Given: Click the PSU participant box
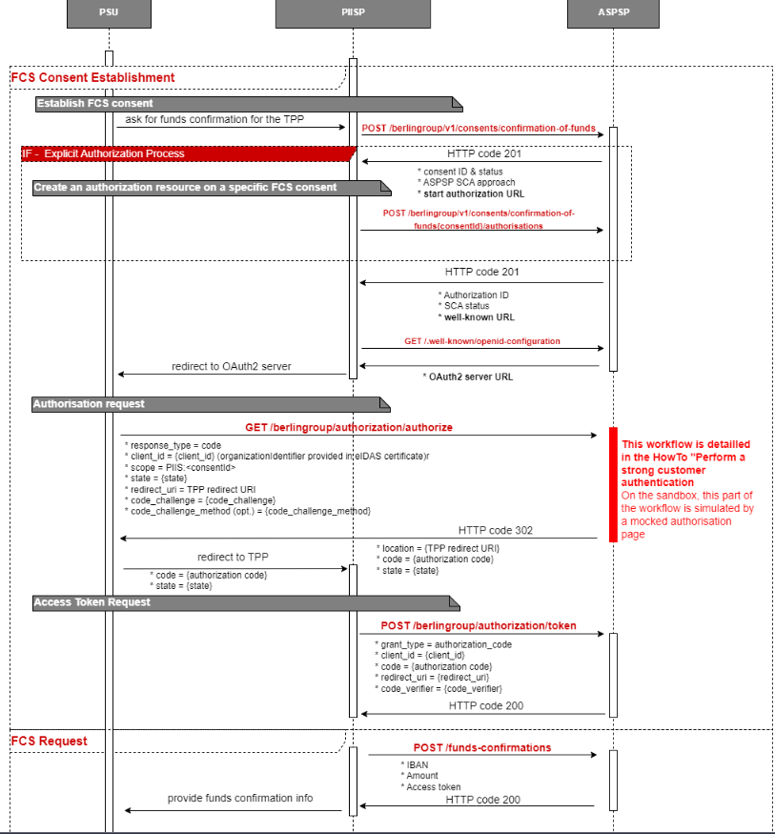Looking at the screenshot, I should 109,14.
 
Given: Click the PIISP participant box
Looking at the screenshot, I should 352,14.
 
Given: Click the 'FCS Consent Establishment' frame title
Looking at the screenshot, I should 93,77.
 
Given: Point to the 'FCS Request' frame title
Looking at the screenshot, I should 50,741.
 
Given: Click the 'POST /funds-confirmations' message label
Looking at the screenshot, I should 481,747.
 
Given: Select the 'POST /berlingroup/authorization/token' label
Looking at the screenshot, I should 479,625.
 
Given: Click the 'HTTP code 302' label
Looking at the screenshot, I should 495,530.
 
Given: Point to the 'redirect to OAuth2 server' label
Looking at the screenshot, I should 232,366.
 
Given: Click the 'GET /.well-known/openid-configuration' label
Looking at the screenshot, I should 481,340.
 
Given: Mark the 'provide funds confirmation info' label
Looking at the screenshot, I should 240,798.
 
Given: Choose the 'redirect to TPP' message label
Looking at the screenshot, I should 233,558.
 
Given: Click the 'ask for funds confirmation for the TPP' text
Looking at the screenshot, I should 214,119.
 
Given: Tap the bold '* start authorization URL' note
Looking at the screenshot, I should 471,193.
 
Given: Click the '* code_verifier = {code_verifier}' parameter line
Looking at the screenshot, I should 439,688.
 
